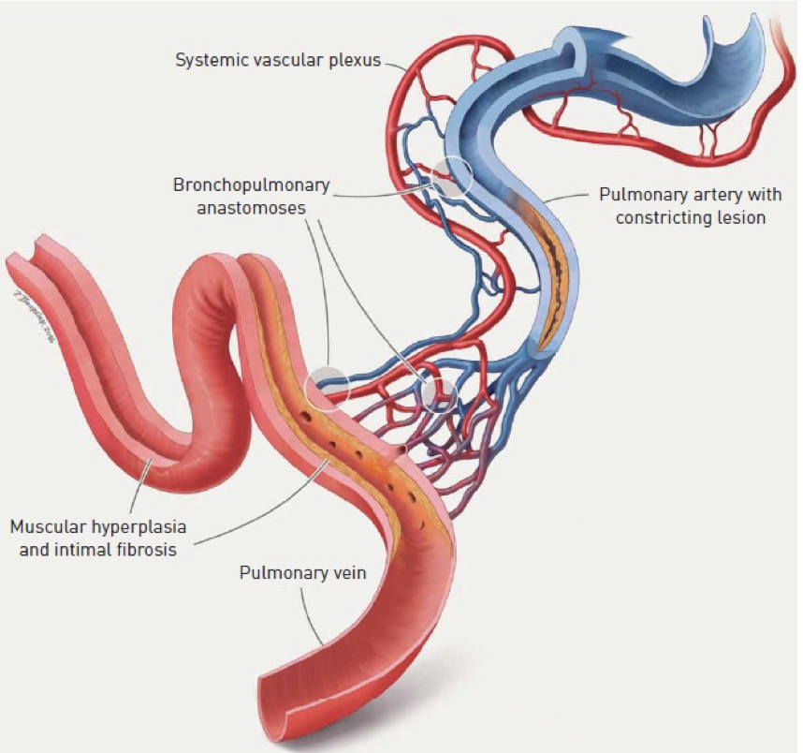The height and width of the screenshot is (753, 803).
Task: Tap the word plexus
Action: coord(356,60)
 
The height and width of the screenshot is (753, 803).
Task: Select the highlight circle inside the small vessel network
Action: coord(438,393)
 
